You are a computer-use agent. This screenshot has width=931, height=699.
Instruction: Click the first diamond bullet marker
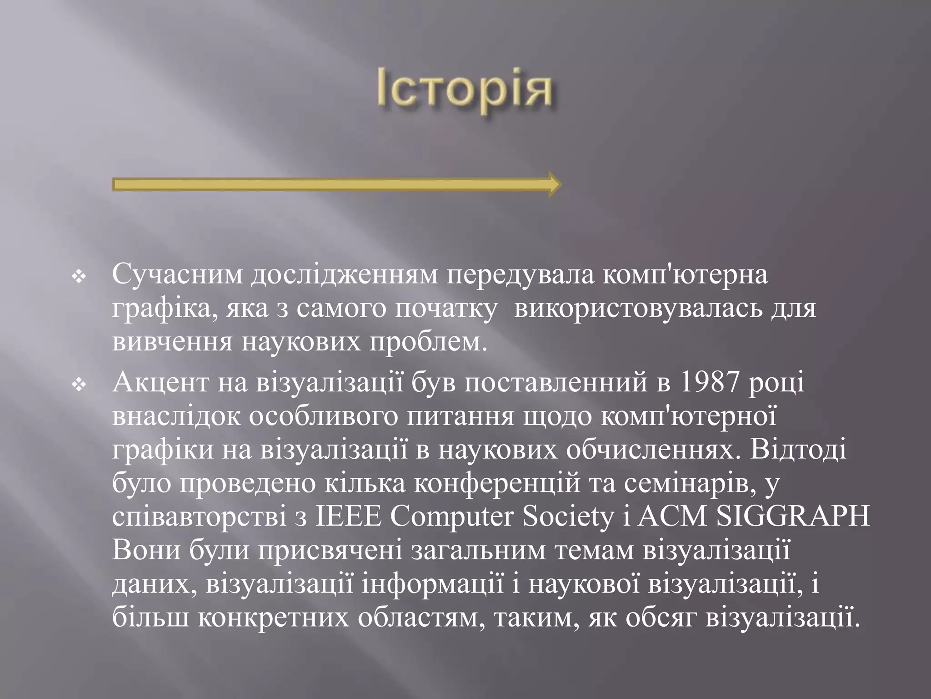[80, 277]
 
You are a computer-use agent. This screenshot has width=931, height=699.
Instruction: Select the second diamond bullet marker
[80, 386]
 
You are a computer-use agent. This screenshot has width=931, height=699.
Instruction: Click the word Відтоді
[798, 450]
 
